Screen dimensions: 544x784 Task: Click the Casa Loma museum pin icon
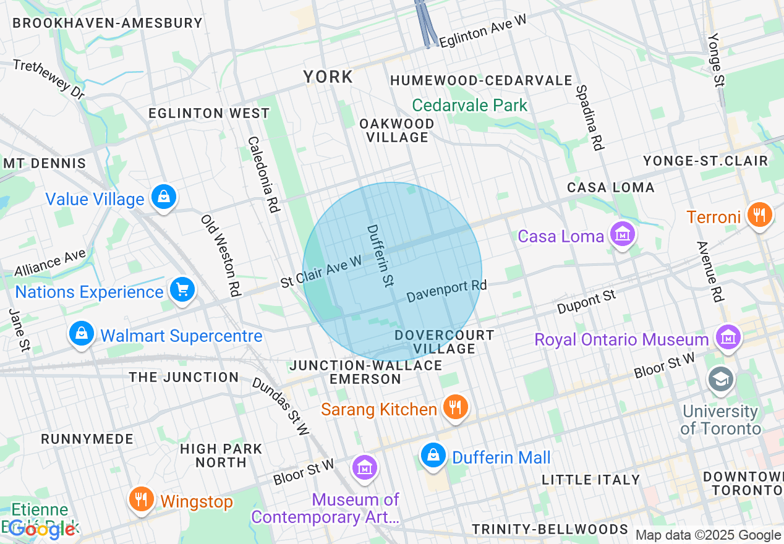[623, 234]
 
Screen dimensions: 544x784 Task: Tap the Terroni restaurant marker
[760, 215]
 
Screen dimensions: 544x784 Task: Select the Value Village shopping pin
[164, 197]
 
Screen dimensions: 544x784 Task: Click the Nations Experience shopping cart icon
[182, 289]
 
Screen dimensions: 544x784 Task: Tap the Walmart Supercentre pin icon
[81, 334]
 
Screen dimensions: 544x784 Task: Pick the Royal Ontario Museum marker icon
[728, 338]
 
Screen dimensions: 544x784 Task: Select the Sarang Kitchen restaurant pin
[456, 407]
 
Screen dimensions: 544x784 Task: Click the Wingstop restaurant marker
[142, 499]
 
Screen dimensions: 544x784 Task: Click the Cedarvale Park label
[470, 105]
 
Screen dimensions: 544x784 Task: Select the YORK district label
[328, 77]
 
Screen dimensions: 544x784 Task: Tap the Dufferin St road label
[380, 255]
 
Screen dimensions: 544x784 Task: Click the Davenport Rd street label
[446, 291]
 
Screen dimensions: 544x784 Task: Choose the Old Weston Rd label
[220, 255]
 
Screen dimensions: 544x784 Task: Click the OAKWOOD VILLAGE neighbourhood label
[397, 130]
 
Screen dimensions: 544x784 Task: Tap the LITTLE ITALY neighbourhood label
[590, 480]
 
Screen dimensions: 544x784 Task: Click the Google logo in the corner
[42, 529]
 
